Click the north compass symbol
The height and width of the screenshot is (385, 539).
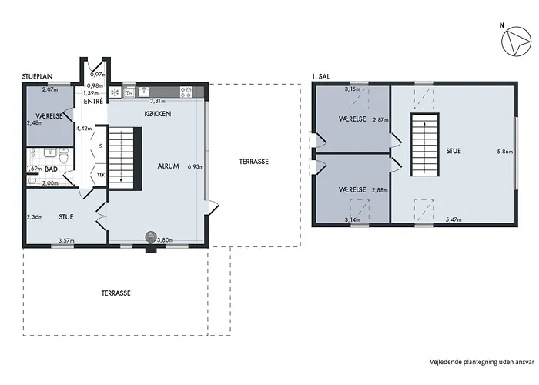pyautogui.click(x=517, y=42)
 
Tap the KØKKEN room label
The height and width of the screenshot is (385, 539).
pyautogui.click(x=157, y=114)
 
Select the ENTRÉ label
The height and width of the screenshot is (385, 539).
pyautogui.click(x=93, y=102)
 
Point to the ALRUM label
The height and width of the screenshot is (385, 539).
pyautogui.click(x=168, y=166)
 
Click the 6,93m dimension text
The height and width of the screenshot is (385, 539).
pyautogui.click(x=196, y=167)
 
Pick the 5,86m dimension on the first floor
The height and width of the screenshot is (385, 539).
pyautogui.click(x=505, y=152)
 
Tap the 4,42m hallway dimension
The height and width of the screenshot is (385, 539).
pyautogui.click(x=84, y=129)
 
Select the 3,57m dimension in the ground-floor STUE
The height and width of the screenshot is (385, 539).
pyautogui.click(x=66, y=240)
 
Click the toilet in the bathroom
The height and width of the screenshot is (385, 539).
pyautogui.click(x=64, y=156)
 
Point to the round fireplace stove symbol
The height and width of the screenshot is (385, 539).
pyautogui.click(x=151, y=236)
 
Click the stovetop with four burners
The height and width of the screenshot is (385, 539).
pyautogui.click(x=186, y=92)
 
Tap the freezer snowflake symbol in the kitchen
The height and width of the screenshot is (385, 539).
pyautogui.click(x=115, y=92)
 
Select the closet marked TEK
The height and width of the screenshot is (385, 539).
pyautogui.click(x=100, y=175)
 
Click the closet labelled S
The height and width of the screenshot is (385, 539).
pyautogui.click(x=100, y=146)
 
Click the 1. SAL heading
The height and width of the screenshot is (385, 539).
pyautogui.click(x=321, y=77)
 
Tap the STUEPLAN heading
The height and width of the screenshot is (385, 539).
pyautogui.click(x=37, y=77)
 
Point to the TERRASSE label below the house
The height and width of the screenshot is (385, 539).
pyautogui.click(x=115, y=293)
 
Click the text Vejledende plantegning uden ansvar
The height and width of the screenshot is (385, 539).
pyautogui.click(x=482, y=362)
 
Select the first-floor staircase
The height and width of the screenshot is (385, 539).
pyautogui.click(x=425, y=145)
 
